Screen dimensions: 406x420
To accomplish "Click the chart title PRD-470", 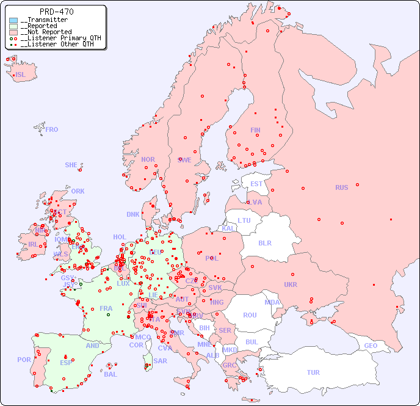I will coord(57,12).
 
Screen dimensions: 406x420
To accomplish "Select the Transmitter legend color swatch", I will coord(13,20).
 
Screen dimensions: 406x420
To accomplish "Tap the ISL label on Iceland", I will coord(21,75).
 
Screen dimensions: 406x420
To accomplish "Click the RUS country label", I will coord(341,187).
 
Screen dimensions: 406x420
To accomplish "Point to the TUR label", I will coord(313,372).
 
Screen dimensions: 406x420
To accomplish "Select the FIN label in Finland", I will coord(255,130).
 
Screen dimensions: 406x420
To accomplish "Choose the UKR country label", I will coord(291,285).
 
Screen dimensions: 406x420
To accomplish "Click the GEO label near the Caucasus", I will coord(371,346).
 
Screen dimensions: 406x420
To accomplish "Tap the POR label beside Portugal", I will coord(24,360).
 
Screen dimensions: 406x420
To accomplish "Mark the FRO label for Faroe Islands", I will coord(52,129).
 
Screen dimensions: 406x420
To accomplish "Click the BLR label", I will coord(264,242).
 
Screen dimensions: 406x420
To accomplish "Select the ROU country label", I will coord(250,315).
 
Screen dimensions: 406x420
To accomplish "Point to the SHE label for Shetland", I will coord(71,165).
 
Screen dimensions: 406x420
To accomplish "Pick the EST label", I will coord(256,184).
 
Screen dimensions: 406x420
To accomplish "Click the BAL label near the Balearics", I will coord(110,374).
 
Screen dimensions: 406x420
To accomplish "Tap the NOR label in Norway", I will coord(148,159).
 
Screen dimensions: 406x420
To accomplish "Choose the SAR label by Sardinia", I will coord(160,361).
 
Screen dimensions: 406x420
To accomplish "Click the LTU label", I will coord(244,220).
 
